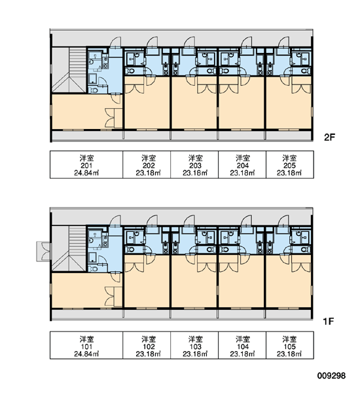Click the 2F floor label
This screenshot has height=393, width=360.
(329, 137)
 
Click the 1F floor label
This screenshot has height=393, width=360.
(329, 321)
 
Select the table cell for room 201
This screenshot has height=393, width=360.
(86, 164)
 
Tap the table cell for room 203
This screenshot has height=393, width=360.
(194, 164)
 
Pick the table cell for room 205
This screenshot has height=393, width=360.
(290, 164)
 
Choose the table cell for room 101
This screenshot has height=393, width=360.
(86, 345)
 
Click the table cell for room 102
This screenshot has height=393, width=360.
(147, 345)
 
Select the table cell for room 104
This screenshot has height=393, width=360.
(242, 345)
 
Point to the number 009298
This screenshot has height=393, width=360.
(331, 375)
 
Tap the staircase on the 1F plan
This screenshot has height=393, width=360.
(69, 248)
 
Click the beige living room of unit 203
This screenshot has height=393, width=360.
(194, 105)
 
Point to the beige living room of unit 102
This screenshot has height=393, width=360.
(147, 283)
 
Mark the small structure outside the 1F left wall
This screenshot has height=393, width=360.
(44, 252)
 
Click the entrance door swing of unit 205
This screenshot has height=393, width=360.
(283, 42)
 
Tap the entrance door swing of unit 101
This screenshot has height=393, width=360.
(115, 221)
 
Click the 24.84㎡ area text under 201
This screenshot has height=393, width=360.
(86, 173)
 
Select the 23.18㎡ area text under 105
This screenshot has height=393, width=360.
(289, 354)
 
